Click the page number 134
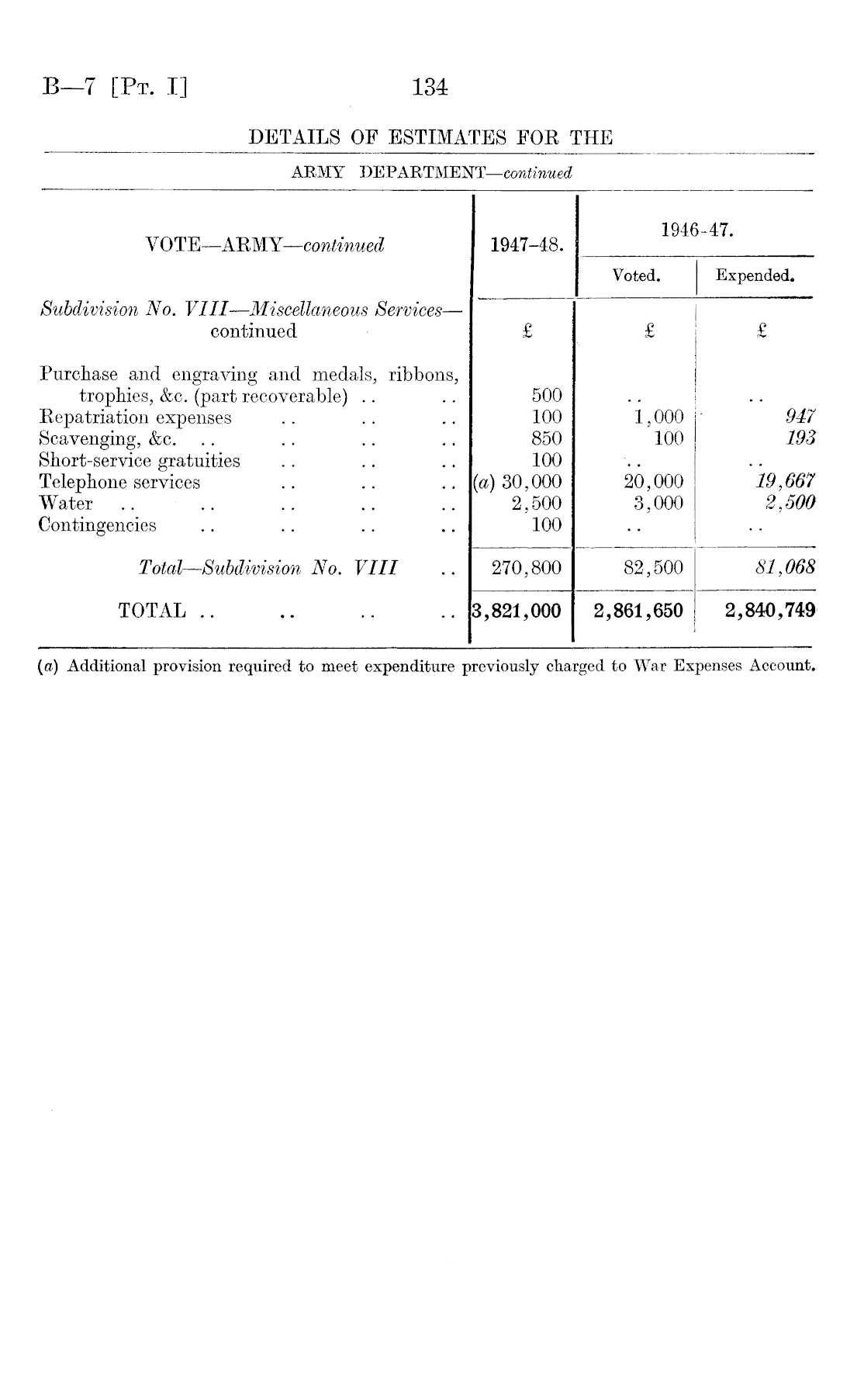(x=431, y=87)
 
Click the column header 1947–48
(x=527, y=246)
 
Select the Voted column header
(x=636, y=275)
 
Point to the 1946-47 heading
(x=697, y=230)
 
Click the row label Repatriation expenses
(x=136, y=417)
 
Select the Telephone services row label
(x=120, y=483)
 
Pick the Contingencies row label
(x=98, y=525)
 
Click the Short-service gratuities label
(x=140, y=461)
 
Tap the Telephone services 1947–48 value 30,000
(x=532, y=483)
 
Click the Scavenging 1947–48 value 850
(x=546, y=439)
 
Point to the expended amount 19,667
(x=785, y=483)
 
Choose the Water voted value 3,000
(x=658, y=504)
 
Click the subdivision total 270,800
(x=527, y=568)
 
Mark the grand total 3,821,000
(x=517, y=611)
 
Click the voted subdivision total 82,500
(x=654, y=568)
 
